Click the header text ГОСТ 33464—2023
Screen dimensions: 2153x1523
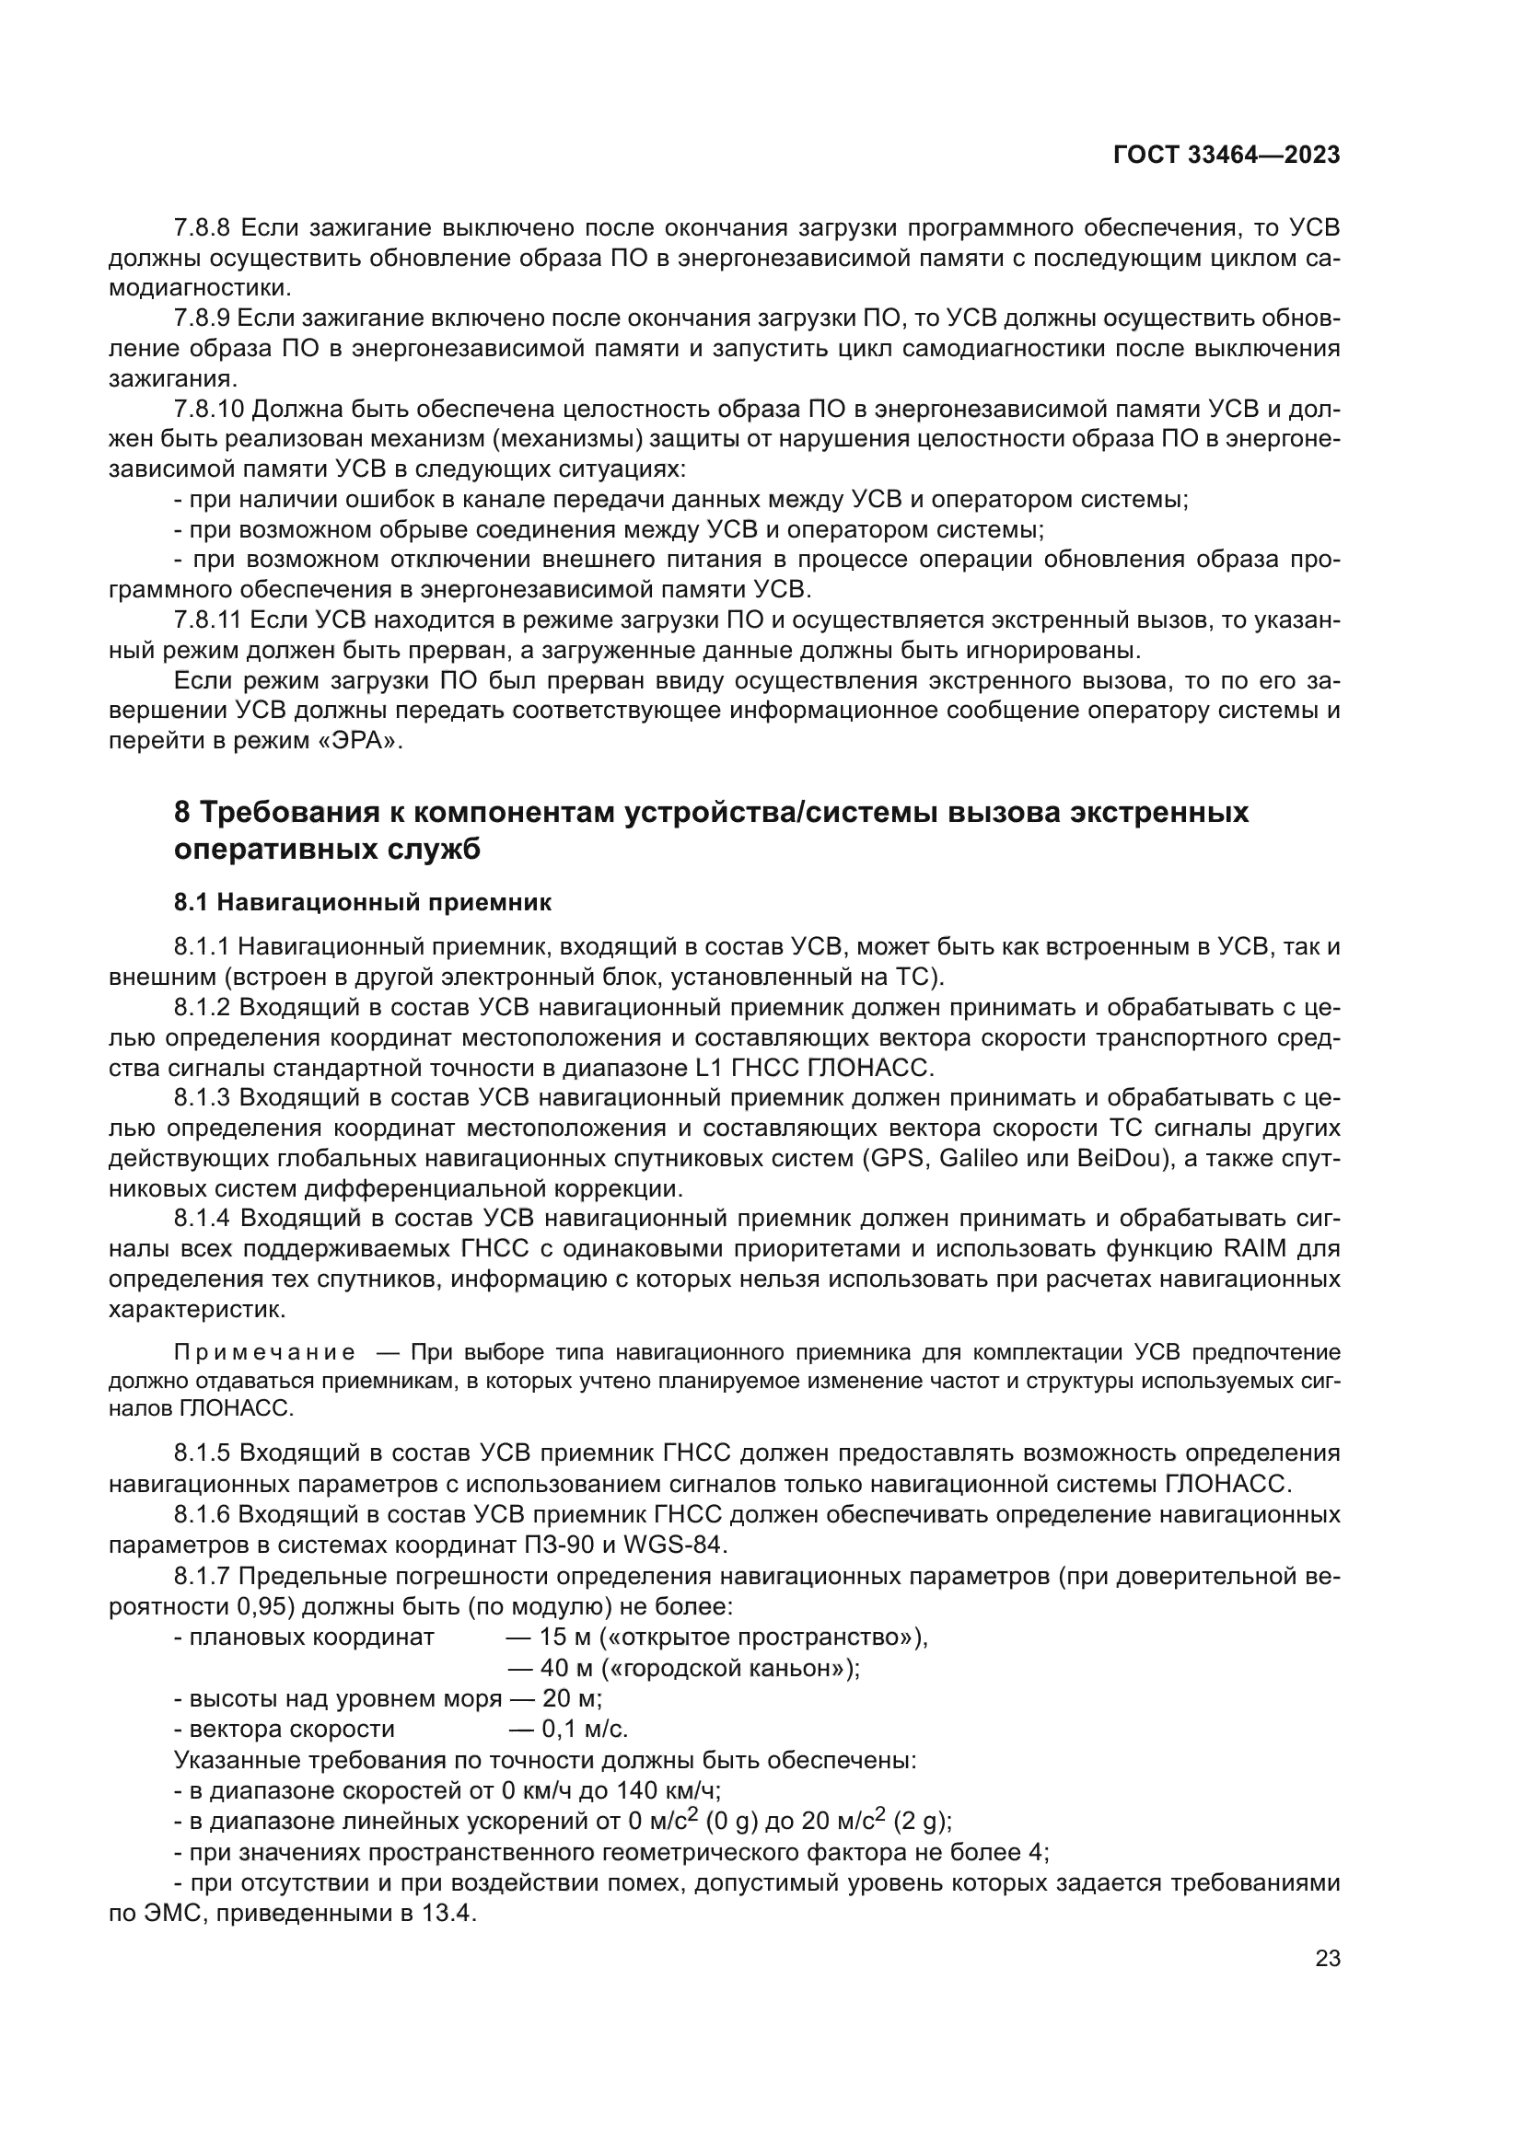click(1227, 155)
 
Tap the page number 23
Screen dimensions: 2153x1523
click(1328, 1959)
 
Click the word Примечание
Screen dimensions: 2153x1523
click(264, 1352)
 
